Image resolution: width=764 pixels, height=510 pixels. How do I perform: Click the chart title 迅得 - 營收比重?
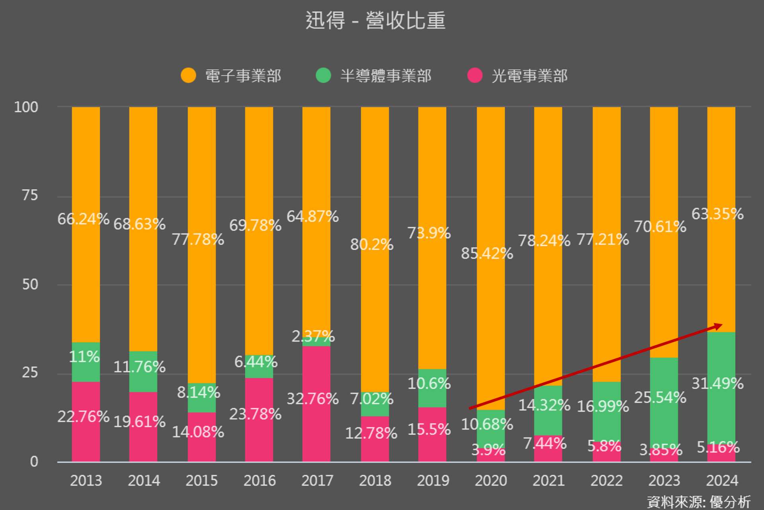[x=375, y=21]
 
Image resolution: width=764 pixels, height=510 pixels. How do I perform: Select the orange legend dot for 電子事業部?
[x=188, y=75]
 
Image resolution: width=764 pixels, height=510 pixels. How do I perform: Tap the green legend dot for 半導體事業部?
[x=323, y=75]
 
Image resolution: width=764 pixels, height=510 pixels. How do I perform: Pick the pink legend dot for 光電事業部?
[x=474, y=75]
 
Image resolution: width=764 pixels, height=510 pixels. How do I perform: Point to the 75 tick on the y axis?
[x=30, y=195]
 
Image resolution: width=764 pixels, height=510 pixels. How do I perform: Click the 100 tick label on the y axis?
[x=26, y=107]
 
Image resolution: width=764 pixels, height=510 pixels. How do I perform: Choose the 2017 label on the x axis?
[x=317, y=481]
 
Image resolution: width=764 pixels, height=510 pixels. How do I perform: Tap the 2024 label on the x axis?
[x=722, y=481]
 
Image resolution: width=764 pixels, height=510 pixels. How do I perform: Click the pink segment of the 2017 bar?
[x=316, y=430]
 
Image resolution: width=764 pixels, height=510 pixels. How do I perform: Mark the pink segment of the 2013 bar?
[x=86, y=438]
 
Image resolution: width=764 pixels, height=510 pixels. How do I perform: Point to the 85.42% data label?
[x=487, y=253]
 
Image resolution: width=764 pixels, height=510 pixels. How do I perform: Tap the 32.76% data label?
[x=312, y=399]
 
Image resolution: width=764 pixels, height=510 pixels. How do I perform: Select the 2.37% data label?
[x=313, y=337]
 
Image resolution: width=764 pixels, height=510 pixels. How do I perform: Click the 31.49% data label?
[x=717, y=384]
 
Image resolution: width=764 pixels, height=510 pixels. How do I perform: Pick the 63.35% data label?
[x=717, y=214]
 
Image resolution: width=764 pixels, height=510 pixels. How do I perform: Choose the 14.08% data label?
[x=198, y=432]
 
